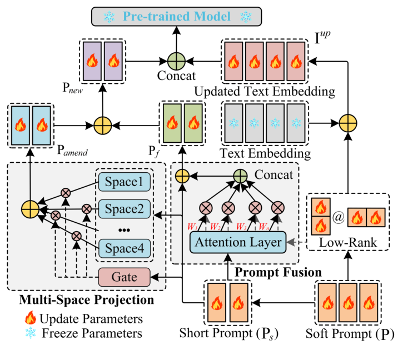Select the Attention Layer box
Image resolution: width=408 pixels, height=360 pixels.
pos(236,242)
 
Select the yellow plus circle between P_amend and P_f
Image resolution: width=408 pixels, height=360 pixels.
pos(102,122)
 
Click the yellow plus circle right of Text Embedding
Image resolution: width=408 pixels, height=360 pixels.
pos(348,121)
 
